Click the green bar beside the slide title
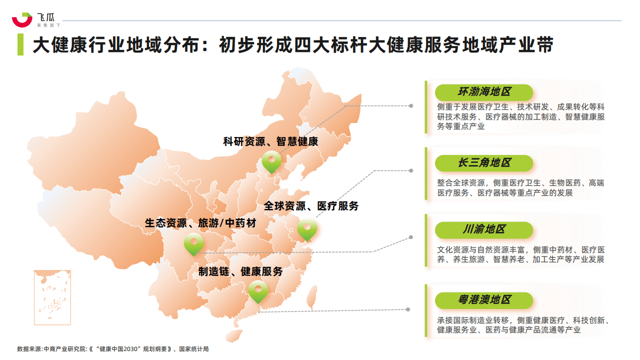click(20, 44)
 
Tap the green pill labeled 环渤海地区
click(483, 92)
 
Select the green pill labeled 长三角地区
click(483, 163)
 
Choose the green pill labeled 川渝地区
click(483, 229)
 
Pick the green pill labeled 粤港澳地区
click(483, 300)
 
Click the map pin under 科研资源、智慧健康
click(271, 161)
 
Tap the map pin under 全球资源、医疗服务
click(307, 229)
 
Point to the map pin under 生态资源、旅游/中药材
click(193, 243)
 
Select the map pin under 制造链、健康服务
click(258, 290)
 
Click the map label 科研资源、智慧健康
click(270, 141)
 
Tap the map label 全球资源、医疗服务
click(311, 206)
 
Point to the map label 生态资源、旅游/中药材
click(200, 223)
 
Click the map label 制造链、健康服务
click(240, 271)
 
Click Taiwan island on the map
click(311, 297)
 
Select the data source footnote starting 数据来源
click(112, 349)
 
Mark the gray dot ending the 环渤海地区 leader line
click(411, 106)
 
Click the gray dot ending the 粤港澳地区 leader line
click(408, 310)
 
